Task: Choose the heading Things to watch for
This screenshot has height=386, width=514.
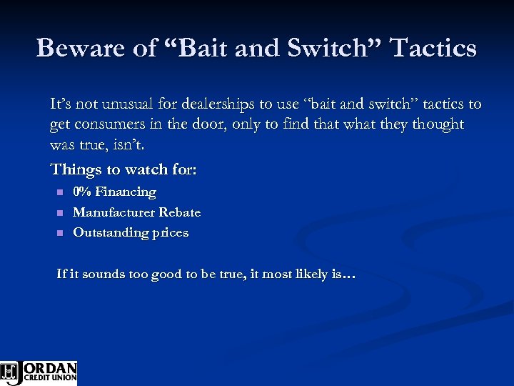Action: tap(124, 170)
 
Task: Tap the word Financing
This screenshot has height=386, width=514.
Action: tap(126, 192)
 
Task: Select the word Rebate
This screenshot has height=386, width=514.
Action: tap(180, 212)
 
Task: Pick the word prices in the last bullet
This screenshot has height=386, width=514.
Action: tap(170, 234)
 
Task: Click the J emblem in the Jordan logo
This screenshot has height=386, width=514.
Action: tap(11, 372)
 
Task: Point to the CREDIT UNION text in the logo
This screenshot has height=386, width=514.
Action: tap(50, 377)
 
